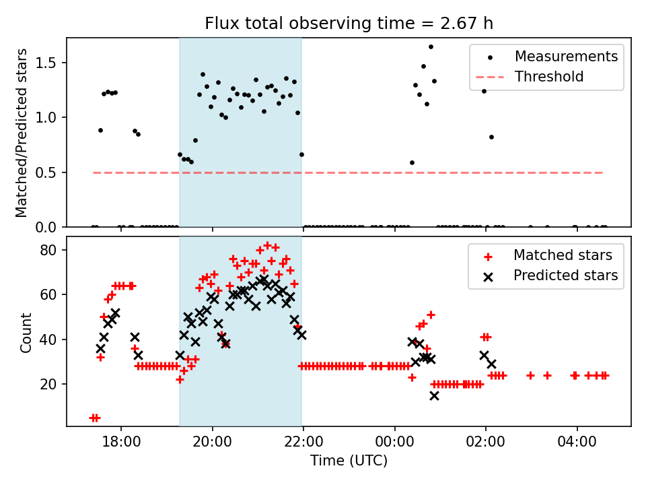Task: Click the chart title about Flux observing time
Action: coord(349,24)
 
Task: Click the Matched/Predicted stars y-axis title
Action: coord(22,133)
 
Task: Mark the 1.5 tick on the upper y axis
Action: coord(51,63)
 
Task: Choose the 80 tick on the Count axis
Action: coord(54,250)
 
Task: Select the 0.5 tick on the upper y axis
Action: coord(51,172)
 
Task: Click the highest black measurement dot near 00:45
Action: coord(431,47)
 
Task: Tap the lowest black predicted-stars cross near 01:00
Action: coord(434,395)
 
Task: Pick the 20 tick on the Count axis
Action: coord(54,384)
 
